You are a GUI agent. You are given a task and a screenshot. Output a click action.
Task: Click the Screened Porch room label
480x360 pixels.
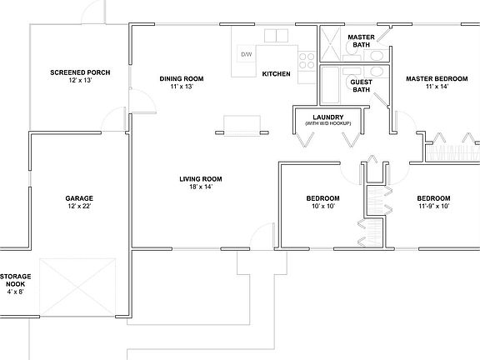[80, 72]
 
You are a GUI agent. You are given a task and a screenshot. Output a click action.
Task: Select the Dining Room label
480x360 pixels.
[182, 79]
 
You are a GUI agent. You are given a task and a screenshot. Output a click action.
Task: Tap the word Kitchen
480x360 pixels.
[277, 74]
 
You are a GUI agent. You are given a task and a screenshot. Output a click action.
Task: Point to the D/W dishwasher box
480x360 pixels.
[246, 54]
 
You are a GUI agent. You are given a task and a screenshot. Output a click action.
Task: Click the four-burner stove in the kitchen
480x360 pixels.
[307, 59]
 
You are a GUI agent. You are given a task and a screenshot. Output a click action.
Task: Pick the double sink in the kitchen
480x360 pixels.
[272, 35]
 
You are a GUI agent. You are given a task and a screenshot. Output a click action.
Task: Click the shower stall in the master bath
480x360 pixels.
[331, 41]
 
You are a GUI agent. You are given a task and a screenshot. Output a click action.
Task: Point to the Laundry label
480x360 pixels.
[327, 117]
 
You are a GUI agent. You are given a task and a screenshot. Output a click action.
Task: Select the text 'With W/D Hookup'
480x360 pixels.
[327, 124]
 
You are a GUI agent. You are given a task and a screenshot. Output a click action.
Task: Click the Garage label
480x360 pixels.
[79, 198]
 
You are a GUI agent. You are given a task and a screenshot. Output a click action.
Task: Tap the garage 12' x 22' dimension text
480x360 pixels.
[79, 206]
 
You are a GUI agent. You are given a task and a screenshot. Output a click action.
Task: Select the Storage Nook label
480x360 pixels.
[16, 280]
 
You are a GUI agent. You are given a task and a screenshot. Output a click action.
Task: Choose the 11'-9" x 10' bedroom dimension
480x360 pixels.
[433, 206]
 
